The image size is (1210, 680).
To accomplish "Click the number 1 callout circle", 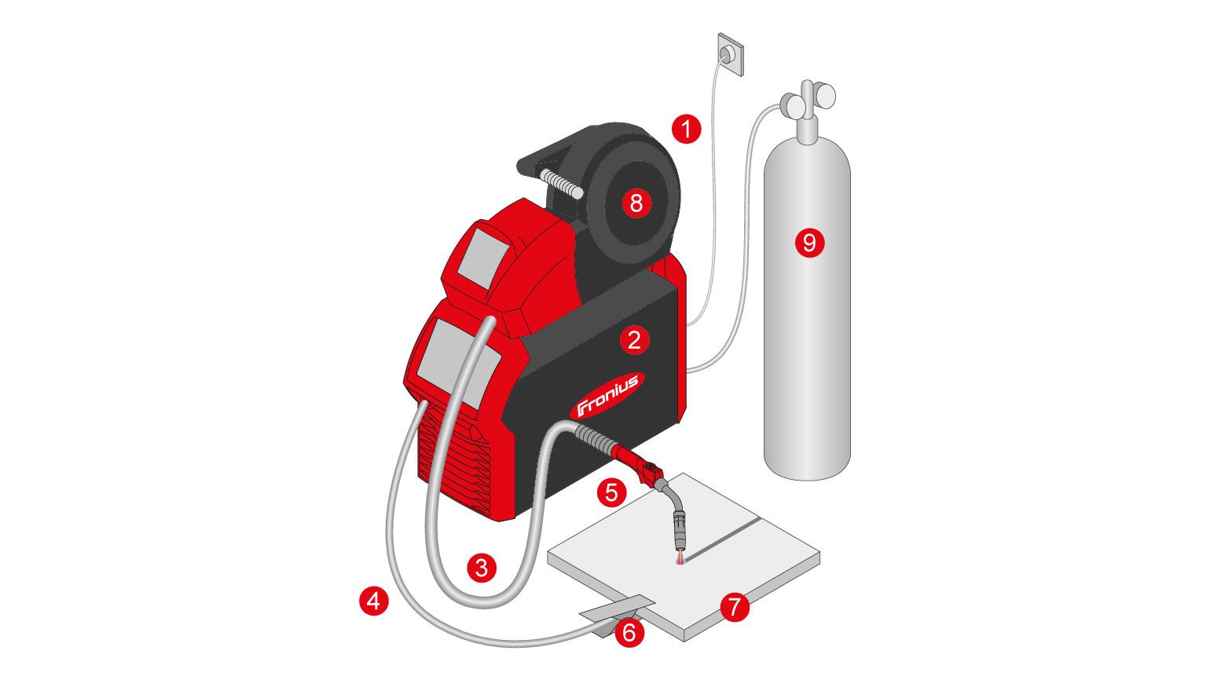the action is tap(686, 130).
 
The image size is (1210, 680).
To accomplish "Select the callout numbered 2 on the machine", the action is tap(634, 340).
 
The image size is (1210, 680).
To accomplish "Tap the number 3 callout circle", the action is tap(482, 568).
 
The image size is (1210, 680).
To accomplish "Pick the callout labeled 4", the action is tap(374, 601).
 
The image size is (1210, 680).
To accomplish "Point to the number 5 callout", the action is tap(611, 492).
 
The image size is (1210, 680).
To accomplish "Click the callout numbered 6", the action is tap(629, 633).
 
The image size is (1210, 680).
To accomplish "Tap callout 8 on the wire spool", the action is tap(636, 203).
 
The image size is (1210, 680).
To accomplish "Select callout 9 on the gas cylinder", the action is tap(809, 243).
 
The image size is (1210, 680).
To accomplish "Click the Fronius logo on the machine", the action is tap(607, 394).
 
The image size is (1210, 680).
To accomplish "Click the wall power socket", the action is tap(730, 54).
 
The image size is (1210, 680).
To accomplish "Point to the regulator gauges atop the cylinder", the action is tap(808, 100).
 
